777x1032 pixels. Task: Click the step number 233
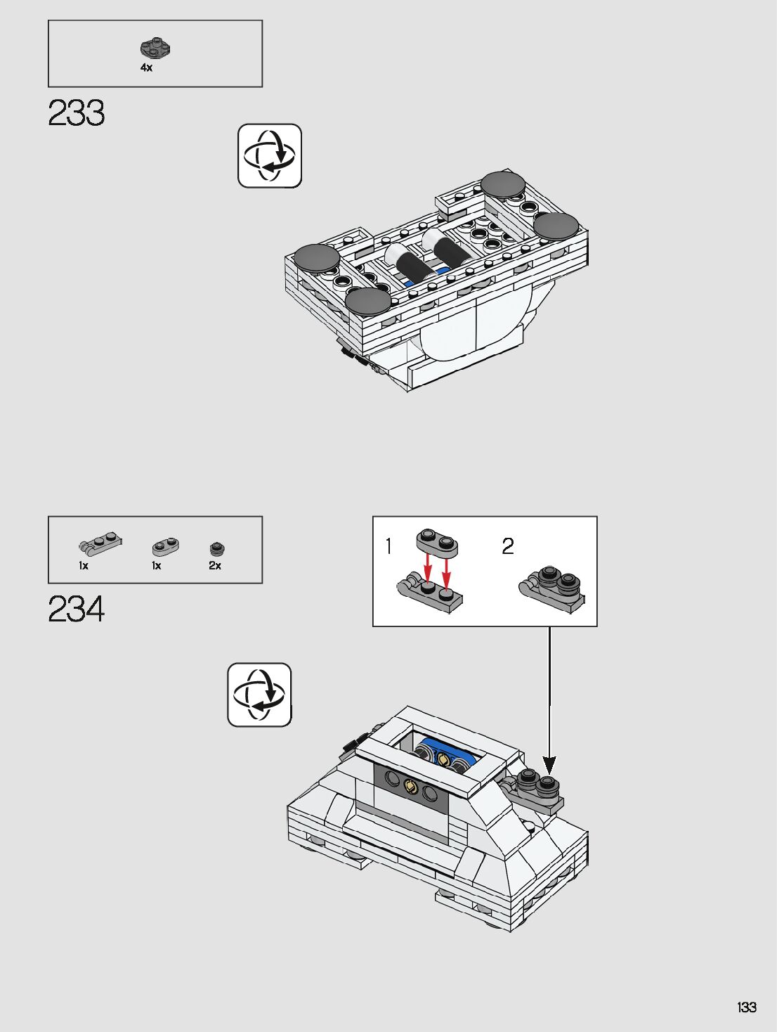pyautogui.click(x=77, y=113)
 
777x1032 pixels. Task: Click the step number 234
pyautogui.click(x=77, y=609)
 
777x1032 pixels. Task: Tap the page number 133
pyautogui.click(x=746, y=1007)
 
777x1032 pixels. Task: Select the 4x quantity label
pyautogui.click(x=146, y=67)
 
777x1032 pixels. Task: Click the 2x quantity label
pyautogui.click(x=215, y=565)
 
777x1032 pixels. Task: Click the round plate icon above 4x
pyautogui.click(x=156, y=49)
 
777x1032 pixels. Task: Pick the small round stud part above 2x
pyautogui.click(x=217, y=548)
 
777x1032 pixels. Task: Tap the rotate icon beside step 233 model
pyautogui.click(x=270, y=156)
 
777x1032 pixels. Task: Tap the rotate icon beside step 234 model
pyautogui.click(x=259, y=695)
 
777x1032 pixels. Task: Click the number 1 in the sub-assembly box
pyautogui.click(x=389, y=546)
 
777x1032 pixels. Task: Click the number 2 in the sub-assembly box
pyautogui.click(x=508, y=546)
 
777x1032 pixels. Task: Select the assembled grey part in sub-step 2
pyautogui.click(x=552, y=591)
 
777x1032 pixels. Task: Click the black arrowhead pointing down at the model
pyautogui.click(x=549, y=764)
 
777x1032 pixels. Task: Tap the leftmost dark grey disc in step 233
pyautogui.click(x=318, y=257)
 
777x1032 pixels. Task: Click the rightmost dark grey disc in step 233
pyautogui.click(x=556, y=226)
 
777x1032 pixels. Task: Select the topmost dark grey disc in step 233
pyautogui.click(x=503, y=183)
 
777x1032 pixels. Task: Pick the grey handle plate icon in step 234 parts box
pyautogui.click(x=101, y=543)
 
